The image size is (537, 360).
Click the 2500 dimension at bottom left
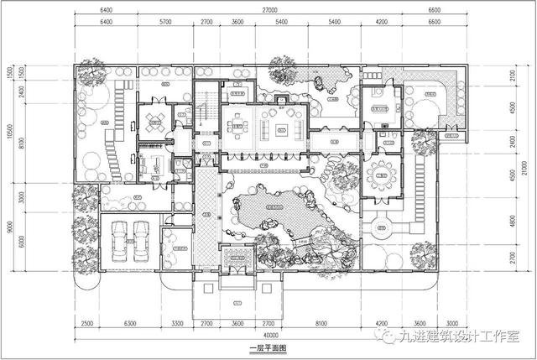point(87,321)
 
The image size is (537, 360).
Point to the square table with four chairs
point(154,123)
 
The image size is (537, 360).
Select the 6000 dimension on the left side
point(19,240)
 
